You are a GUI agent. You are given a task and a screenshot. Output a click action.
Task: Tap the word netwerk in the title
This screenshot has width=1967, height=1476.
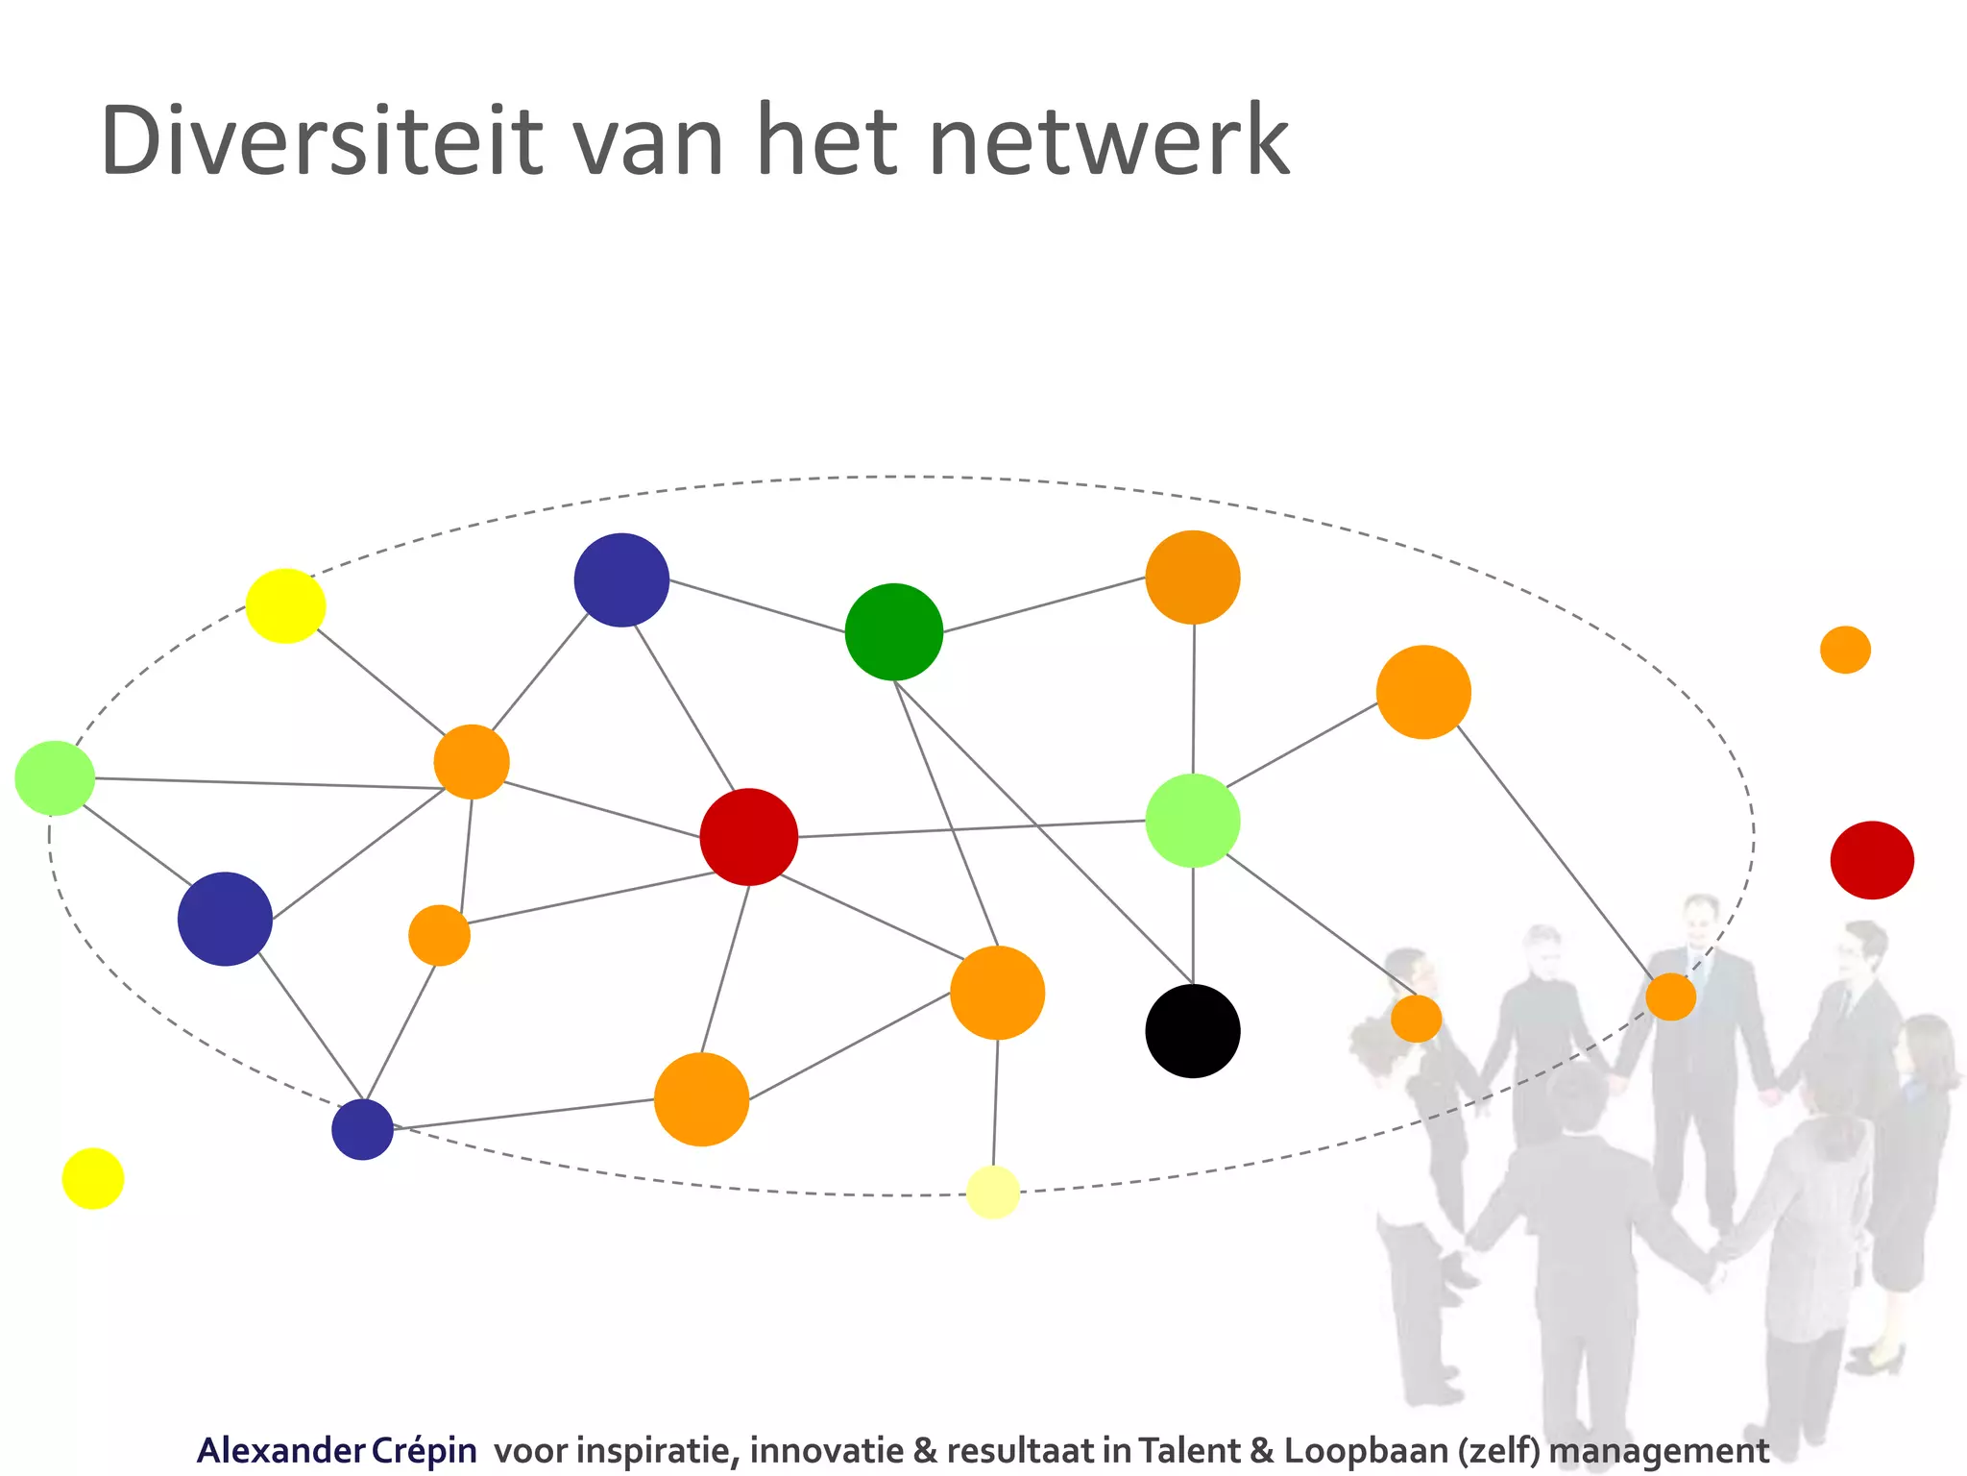click(x=1109, y=142)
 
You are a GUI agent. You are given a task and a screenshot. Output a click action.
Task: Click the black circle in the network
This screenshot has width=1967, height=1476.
click(x=1193, y=1031)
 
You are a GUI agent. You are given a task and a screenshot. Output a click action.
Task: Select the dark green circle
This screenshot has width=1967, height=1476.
click(x=893, y=631)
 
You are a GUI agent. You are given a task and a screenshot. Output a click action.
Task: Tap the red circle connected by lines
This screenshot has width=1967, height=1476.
click(x=749, y=836)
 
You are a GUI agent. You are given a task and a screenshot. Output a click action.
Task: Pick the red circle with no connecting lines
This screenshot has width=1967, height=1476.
click(x=1872, y=860)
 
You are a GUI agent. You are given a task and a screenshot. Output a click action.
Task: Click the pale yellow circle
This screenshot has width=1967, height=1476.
click(x=993, y=1192)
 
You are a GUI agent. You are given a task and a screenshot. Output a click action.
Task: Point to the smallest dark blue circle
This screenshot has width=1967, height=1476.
click(x=363, y=1129)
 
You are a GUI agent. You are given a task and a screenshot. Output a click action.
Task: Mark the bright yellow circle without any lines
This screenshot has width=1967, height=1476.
click(x=93, y=1178)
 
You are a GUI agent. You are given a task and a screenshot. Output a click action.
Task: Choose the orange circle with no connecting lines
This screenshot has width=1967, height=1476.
click(x=1845, y=650)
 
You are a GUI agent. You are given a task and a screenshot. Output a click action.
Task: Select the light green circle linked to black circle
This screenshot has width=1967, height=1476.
click(x=1193, y=821)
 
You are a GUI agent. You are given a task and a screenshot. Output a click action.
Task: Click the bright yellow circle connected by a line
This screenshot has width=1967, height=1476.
click(x=285, y=605)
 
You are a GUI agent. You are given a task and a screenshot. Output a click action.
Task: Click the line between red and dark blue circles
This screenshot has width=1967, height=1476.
click(x=684, y=706)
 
